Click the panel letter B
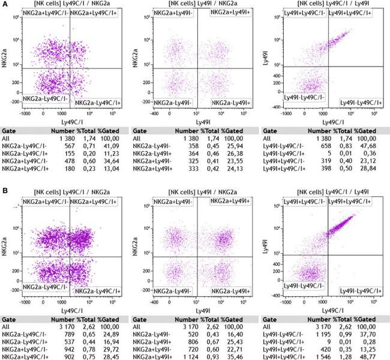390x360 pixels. click(5, 191)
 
